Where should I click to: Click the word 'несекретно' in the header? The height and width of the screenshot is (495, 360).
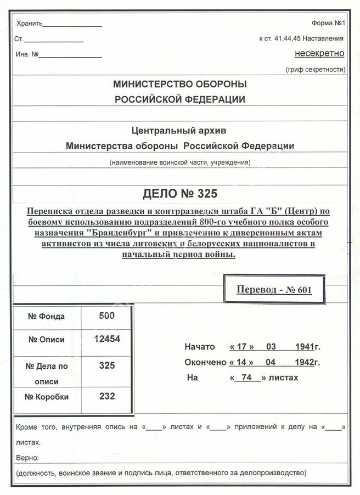pos(319,53)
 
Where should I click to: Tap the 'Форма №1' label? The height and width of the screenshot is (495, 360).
pos(328,23)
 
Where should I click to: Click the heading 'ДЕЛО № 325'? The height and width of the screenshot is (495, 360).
pos(179,194)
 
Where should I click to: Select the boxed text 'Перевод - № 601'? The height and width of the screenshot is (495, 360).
pos(274,289)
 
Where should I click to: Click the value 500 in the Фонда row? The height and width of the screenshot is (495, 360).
pos(107,316)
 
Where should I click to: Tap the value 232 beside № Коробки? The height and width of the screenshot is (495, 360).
pos(107,396)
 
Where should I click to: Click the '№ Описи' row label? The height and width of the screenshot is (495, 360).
pos(47,339)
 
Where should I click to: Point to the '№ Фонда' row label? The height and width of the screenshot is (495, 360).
pos(47,316)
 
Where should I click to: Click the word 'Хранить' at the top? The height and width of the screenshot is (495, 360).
pos(29,24)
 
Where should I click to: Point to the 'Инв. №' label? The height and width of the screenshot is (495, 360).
pos(27,54)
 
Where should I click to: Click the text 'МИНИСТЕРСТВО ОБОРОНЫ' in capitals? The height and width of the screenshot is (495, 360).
pos(179,85)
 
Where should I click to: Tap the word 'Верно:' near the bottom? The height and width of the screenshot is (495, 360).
pos(27,457)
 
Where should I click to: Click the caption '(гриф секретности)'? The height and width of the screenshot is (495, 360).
pos(315,69)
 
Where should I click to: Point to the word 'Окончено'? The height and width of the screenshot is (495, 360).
pos(205,362)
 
